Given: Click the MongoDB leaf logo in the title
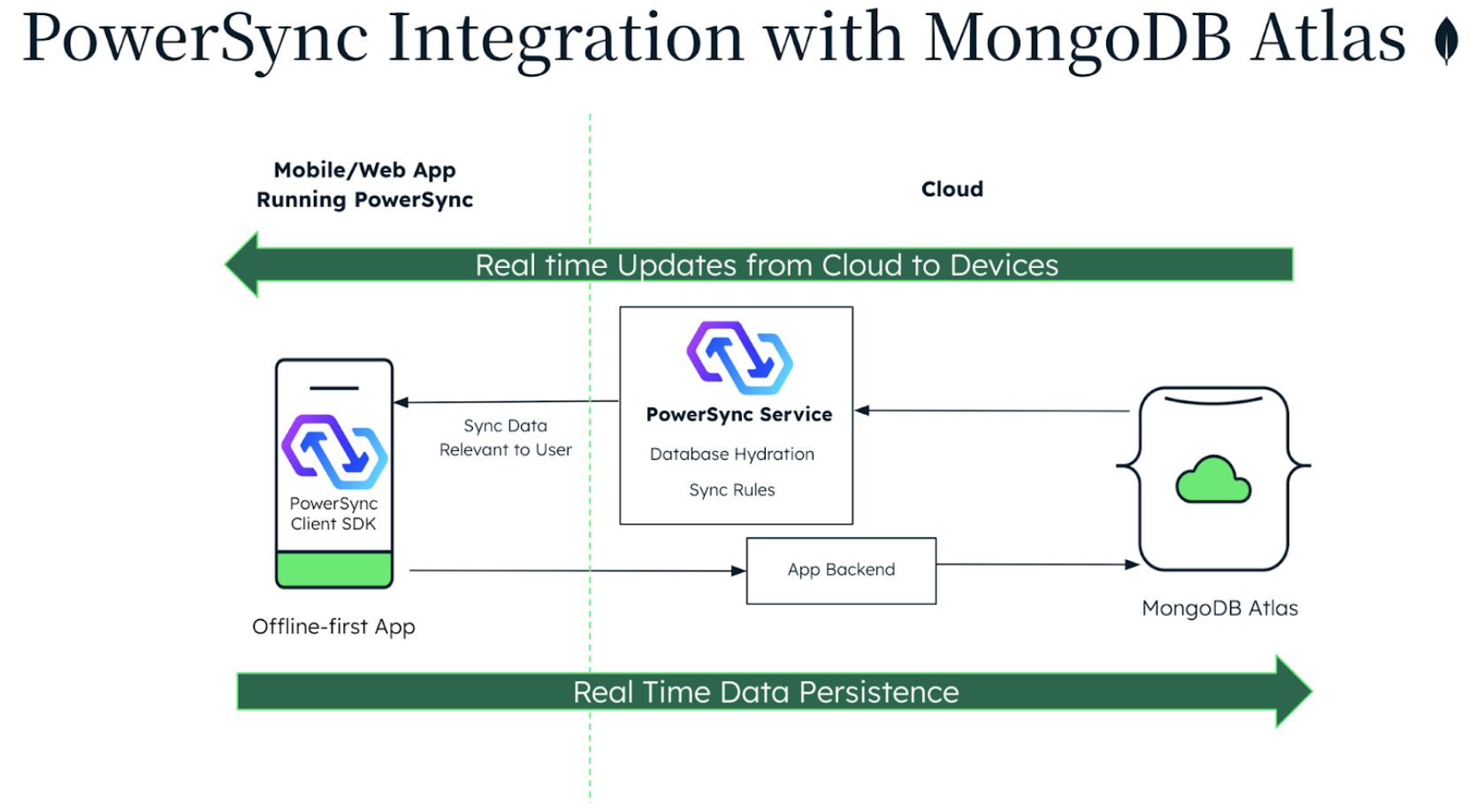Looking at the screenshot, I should (x=1446, y=41).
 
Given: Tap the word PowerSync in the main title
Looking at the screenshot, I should (x=195, y=39).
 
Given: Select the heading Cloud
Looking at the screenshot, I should (x=951, y=189).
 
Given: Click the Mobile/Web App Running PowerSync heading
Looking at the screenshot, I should (x=364, y=185).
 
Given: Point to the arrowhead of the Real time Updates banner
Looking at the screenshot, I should (x=243, y=264).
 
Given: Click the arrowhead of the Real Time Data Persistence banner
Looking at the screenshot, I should (x=1292, y=692).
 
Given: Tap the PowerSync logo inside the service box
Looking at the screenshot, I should (x=739, y=357).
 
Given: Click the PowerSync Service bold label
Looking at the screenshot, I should (x=738, y=415).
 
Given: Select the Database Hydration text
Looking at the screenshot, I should (x=731, y=455).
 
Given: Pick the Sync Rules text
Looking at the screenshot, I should (x=731, y=490).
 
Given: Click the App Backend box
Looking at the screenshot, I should (x=841, y=571).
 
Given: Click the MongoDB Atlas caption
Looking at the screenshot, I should (x=1219, y=609).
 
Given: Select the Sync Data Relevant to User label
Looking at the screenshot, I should (x=505, y=438).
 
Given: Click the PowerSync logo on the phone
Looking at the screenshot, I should (x=334, y=452).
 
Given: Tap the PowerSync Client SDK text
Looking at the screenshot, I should (x=333, y=514).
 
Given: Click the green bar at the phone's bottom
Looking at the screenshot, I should (x=334, y=570).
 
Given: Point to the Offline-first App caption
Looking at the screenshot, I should (x=333, y=627).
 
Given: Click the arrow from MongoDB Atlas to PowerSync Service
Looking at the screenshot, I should (x=990, y=410).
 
